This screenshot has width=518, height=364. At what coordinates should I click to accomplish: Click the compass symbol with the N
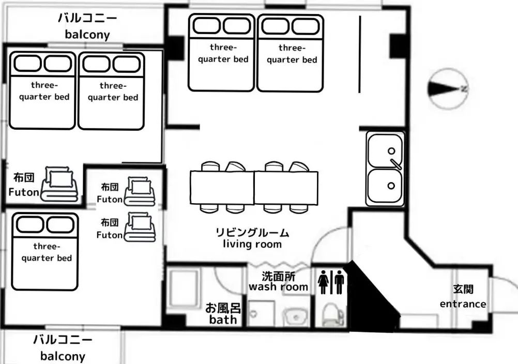[x=448, y=88]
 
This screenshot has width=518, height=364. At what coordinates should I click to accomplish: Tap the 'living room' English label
[x=252, y=244]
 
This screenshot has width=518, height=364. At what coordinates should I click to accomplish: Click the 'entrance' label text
[x=463, y=304]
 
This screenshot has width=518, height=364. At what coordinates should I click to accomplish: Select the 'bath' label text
[x=223, y=320]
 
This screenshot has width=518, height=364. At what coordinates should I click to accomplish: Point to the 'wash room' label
[x=278, y=287]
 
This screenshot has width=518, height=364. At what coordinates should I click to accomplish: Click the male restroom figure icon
[x=339, y=282]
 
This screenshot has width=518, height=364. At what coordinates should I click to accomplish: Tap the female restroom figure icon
[x=323, y=282]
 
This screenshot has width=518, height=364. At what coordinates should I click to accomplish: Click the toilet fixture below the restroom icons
[x=333, y=315]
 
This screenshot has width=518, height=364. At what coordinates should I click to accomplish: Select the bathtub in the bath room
[x=185, y=287]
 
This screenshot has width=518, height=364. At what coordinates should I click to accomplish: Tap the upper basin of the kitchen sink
[x=385, y=150]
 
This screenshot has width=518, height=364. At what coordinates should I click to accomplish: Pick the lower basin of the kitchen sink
[x=385, y=186]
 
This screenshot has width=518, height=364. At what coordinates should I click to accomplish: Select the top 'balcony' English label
[x=87, y=34]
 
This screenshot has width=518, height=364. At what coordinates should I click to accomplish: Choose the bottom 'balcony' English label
[x=63, y=356]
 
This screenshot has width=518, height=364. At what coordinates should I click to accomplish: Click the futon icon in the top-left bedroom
[x=59, y=184]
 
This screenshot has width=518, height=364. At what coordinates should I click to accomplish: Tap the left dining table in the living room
[x=222, y=188]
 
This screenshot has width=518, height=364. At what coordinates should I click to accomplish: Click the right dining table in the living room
[x=286, y=188]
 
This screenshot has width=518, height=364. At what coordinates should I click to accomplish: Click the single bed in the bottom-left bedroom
[x=45, y=252]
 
